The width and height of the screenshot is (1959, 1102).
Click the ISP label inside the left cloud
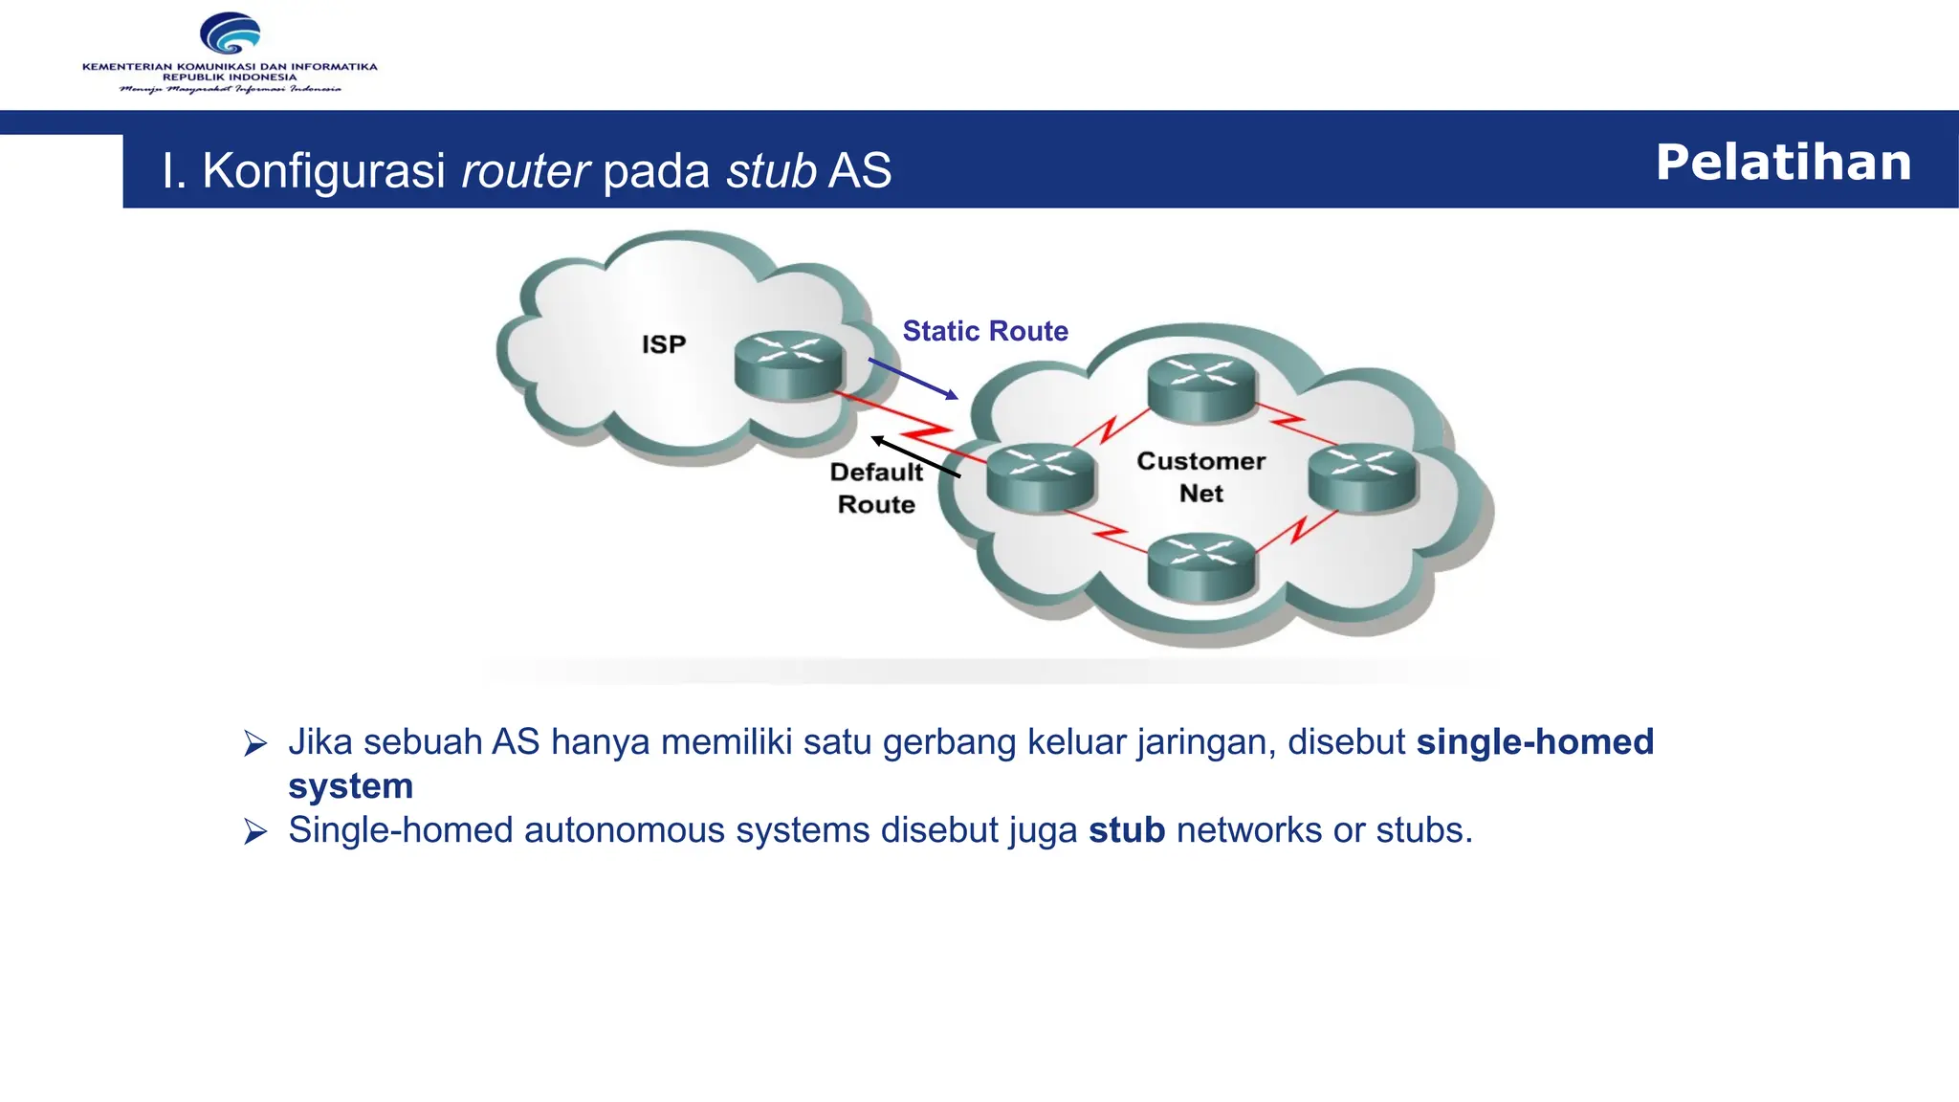[664, 344]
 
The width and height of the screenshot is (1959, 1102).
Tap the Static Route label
[985, 331]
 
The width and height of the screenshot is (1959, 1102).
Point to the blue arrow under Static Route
[913, 378]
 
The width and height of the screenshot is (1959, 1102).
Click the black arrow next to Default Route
[914, 456]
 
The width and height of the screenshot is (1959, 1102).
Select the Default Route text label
[876, 488]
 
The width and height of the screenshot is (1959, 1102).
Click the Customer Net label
[1200, 476]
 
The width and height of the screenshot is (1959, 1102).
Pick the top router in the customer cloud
[1201, 387]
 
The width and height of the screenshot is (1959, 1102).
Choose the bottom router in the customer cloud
[1201, 566]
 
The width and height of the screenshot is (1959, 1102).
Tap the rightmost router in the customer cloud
[1362, 478]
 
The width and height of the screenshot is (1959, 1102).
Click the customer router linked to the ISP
[1041, 478]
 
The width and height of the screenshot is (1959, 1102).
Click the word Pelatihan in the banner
[1783, 162]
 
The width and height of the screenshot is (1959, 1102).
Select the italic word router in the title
[525, 171]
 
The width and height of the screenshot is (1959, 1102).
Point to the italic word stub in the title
[771, 171]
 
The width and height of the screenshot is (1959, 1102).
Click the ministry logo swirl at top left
[230, 34]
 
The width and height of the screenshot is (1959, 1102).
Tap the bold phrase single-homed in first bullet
[1534, 742]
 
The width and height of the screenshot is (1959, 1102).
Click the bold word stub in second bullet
[1127, 830]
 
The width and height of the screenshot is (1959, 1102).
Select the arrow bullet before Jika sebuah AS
[255, 743]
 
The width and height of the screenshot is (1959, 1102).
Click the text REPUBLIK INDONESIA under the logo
[230, 77]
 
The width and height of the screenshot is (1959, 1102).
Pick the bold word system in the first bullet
[350, 786]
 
